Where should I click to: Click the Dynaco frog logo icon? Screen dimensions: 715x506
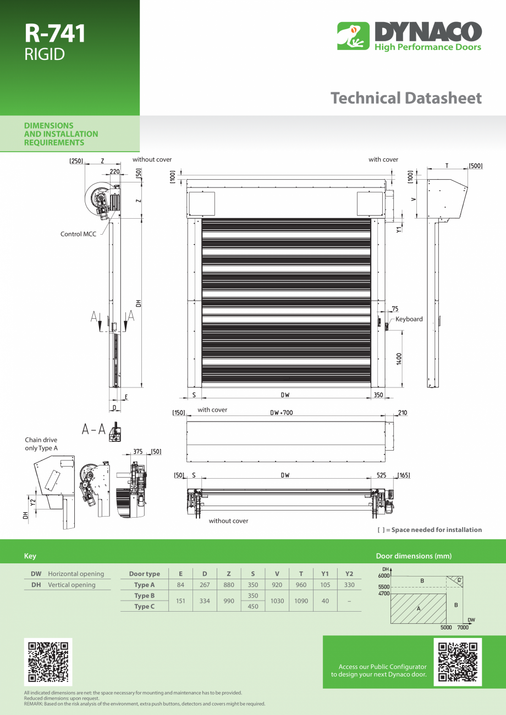pos(353,36)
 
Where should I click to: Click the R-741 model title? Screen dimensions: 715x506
pos(55,34)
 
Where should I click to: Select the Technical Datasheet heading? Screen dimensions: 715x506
pos(406,98)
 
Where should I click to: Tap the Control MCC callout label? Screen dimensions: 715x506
pos(78,234)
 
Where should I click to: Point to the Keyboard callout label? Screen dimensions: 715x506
pos(409,319)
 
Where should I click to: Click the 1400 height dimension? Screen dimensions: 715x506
pos(399,358)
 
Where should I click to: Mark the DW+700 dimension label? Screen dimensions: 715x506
pos(281,412)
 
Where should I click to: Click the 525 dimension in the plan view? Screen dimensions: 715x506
pos(381,475)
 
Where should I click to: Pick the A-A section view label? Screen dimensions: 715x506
pos(94,429)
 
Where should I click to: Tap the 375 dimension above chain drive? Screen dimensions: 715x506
pos(138,452)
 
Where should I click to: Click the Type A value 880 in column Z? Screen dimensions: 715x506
pos(229,585)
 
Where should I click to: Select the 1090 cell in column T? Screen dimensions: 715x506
pos(301,601)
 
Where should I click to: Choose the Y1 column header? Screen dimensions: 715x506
pos(325,574)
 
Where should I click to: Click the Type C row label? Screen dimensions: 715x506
pos(145,607)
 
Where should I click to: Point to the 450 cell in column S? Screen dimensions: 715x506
pos(253,607)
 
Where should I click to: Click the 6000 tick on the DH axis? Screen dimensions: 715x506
pos(383,575)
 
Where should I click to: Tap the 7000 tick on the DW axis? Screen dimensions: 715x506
pos(463,627)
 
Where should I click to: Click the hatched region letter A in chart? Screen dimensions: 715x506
pos(419,608)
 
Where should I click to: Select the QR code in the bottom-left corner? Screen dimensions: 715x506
pos(48,662)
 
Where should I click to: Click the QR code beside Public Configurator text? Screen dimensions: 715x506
pos(458,662)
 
